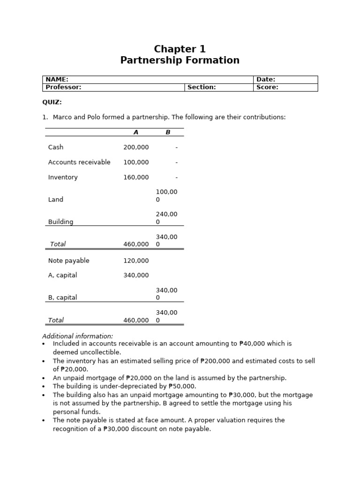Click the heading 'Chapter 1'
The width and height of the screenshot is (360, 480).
(x=180, y=49)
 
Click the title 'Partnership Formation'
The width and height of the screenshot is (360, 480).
(x=180, y=60)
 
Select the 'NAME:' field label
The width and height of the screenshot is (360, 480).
(x=57, y=80)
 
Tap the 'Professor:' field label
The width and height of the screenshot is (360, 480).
(x=63, y=87)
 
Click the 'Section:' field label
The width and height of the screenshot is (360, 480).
(x=202, y=87)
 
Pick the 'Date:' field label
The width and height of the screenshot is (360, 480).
(x=266, y=80)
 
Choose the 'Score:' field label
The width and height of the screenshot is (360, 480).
(x=267, y=87)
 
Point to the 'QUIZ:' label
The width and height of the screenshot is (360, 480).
(x=52, y=102)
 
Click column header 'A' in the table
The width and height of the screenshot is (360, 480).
(x=136, y=132)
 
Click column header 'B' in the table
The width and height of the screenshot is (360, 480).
(x=168, y=132)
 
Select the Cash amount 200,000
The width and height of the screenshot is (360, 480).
(x=136, y=147)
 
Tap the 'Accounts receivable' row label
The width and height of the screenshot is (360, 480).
(x=79, y=162)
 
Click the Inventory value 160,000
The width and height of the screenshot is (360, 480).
(x=136, y=177)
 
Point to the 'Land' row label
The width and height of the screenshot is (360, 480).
(x=55, y=200)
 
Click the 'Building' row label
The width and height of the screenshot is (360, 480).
(x=60, y=222)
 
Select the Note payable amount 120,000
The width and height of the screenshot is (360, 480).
(x=136, y=261)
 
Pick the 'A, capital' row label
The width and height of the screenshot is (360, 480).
(x=62, y=275)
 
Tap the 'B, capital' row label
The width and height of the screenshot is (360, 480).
(x=62, y=298)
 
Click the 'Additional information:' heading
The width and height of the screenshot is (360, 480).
(x=77, y=336)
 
